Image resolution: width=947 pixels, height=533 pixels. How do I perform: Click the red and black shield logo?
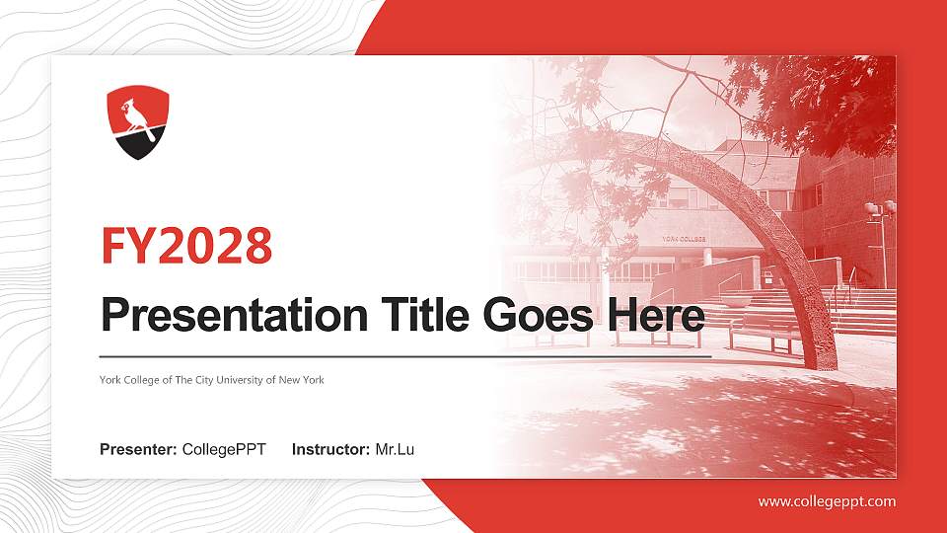coord(137,122)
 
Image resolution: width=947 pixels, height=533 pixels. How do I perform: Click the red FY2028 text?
coord(186,247)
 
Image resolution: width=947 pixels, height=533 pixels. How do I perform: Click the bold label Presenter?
coord(138,450)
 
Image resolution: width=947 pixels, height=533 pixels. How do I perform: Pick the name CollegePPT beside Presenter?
coord(224,450)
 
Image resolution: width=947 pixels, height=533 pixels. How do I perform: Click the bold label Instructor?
coord(331,450)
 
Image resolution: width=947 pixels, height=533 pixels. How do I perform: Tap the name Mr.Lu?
coord(395,450)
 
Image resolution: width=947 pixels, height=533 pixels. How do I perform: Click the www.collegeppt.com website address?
coord(827,501)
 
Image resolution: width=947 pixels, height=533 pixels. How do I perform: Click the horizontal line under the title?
coord(404,355)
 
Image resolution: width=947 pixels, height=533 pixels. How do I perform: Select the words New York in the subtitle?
coord(302,380)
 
